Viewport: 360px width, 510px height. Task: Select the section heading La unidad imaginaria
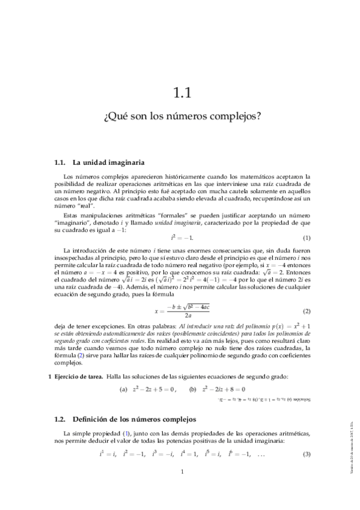click(x=108, y=162)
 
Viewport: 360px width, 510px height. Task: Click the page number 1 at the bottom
click(x=181, y=488)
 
